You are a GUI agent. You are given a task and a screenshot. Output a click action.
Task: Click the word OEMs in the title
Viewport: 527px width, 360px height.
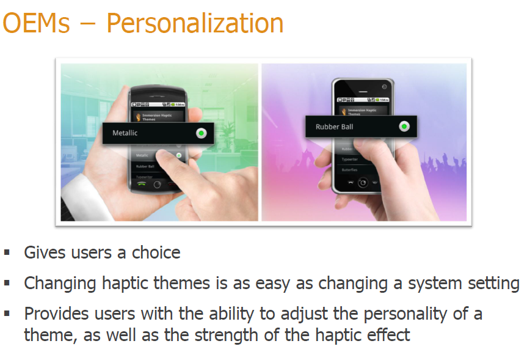coord(36,23)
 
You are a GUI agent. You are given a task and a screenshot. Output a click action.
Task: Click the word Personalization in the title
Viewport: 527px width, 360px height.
coord(195,23)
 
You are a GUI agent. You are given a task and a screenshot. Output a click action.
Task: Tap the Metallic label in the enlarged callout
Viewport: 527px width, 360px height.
coord(125,133)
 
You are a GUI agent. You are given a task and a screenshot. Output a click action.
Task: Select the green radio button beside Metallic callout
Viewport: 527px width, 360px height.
coord(202,133)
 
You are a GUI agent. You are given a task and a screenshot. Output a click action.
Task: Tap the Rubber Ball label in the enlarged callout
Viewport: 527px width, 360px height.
coord(334,127)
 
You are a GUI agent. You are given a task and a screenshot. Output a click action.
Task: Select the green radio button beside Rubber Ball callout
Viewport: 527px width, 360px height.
coord(404,127)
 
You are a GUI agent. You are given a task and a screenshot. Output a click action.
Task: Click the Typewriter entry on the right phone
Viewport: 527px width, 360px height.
coord(351,159)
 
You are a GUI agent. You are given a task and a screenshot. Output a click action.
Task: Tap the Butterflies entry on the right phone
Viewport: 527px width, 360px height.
coord(351,169)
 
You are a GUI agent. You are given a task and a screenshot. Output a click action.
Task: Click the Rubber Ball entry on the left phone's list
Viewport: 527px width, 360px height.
coord(145,166)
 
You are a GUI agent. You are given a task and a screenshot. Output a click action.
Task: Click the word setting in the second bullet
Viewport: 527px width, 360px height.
coord(488,284)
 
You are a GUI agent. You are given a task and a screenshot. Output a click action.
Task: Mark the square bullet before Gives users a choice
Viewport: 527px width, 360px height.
coord(7,252)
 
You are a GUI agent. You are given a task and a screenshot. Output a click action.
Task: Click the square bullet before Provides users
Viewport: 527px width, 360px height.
coord(7,313)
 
